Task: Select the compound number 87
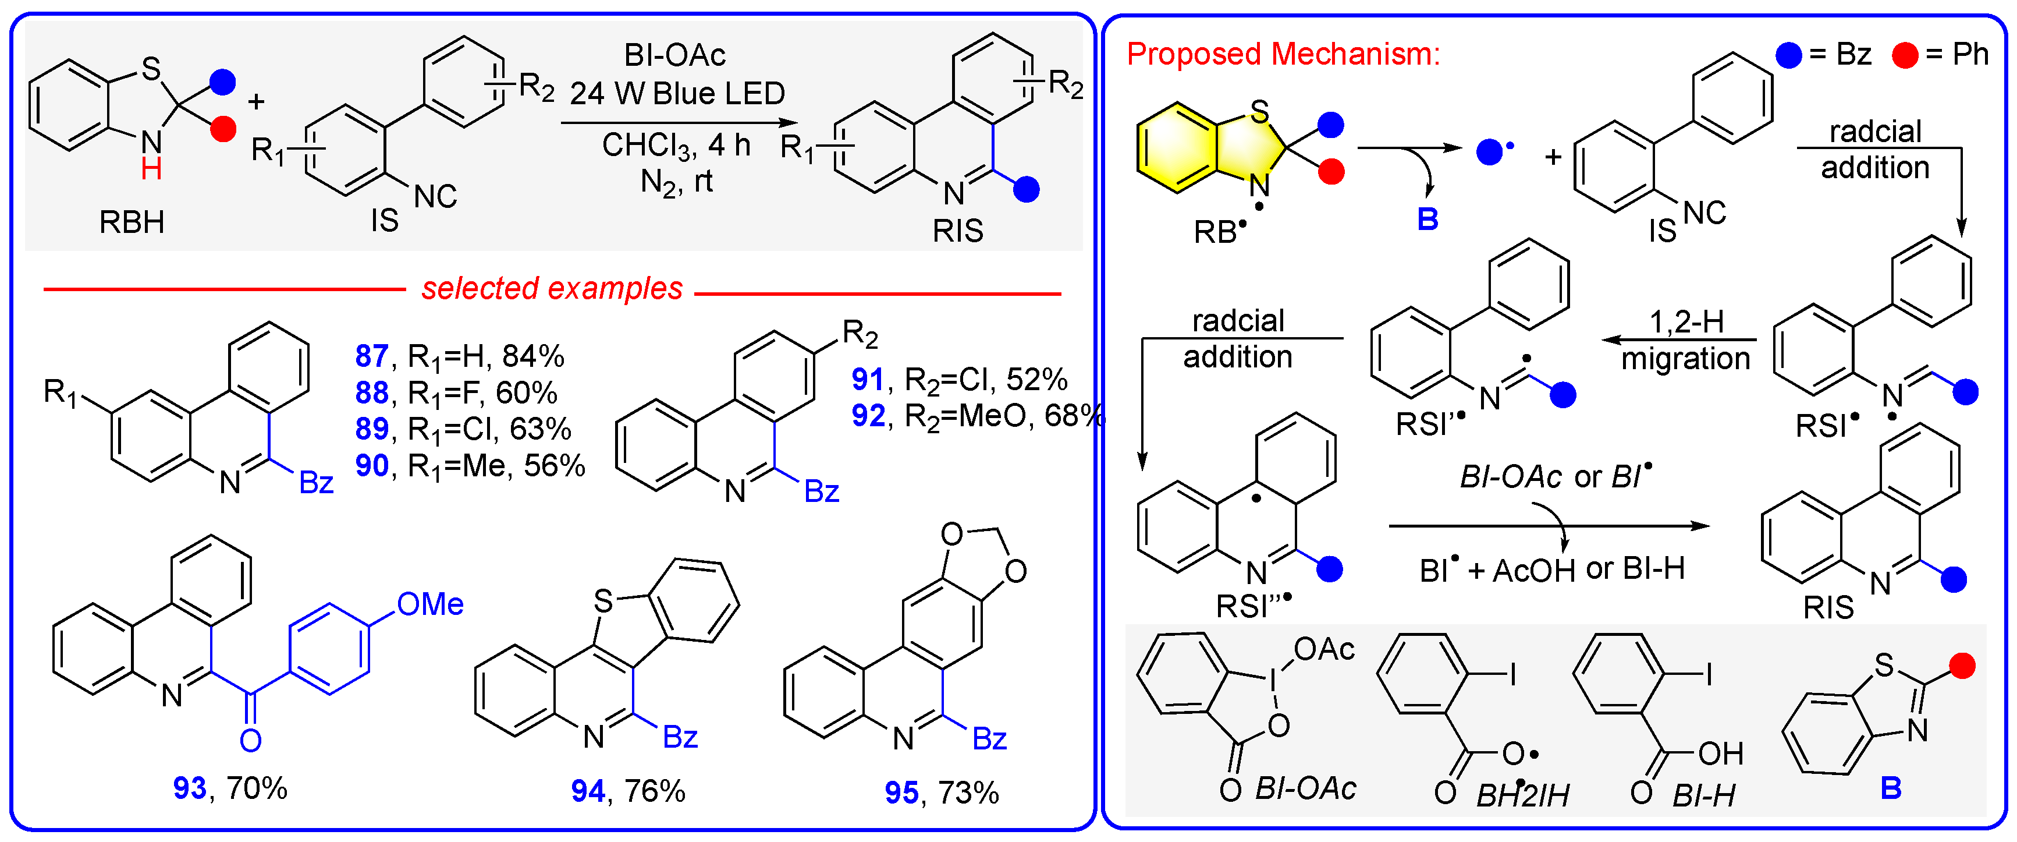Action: (x=371, y=356)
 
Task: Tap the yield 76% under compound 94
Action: (x=655, y=791)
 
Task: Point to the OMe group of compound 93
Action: (x=430, y=604)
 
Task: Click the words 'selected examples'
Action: (x=552, y=288)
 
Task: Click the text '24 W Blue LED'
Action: (x=677, y=93)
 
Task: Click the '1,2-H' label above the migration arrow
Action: (x=1686, y=321)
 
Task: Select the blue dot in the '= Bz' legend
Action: (x=1789, y=55)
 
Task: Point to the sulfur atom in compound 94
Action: (x=602, y=602)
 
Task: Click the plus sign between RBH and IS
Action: (x=256, y=102)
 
